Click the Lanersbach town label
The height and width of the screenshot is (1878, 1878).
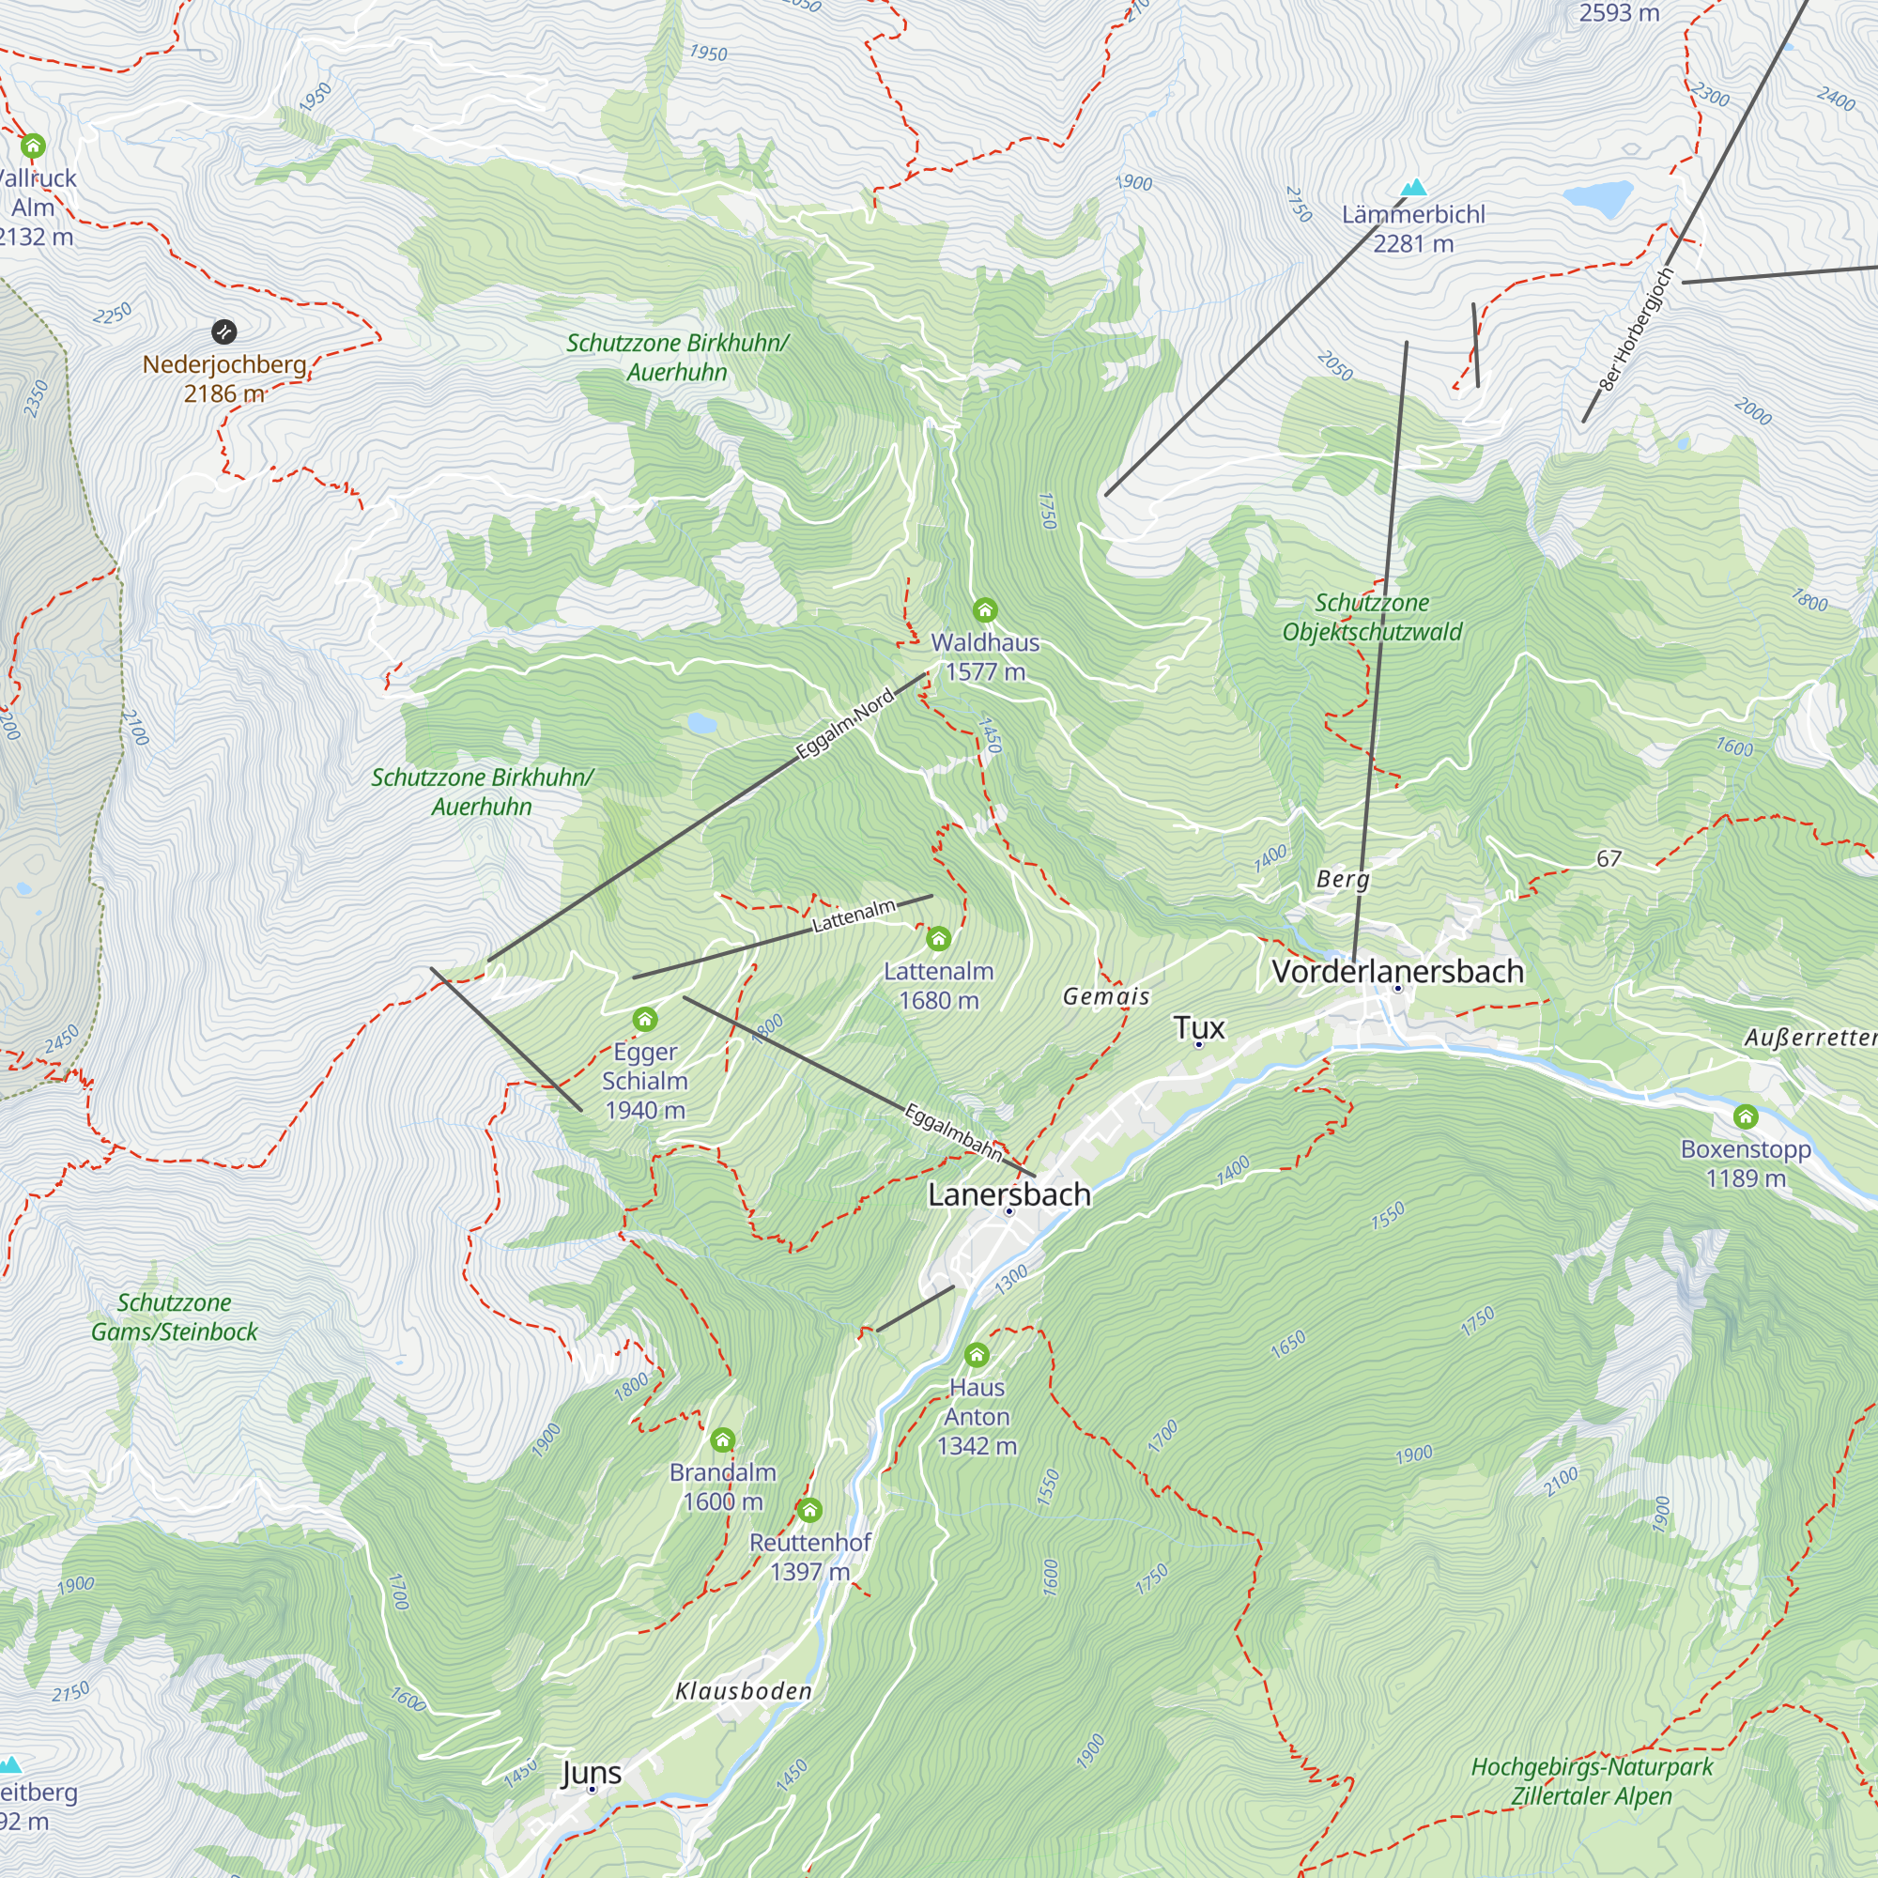click(1009, 1193)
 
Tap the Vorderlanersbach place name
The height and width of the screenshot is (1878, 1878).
click(1397, 970)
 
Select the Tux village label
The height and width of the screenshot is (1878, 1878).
click(1197, 1026)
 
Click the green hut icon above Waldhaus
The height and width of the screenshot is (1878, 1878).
click(985, 610)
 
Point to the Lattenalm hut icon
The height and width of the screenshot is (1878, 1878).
click(938, 939)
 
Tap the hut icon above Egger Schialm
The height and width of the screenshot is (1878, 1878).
click(644, 1020)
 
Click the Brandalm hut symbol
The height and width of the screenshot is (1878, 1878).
click(722, 1439)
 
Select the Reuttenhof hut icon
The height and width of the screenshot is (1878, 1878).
click(809, 1510)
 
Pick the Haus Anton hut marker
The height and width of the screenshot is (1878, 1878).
click(977, 1354)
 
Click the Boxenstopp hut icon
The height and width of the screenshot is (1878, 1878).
click(1746, 1116)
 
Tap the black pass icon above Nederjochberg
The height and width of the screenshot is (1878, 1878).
click(223, 332)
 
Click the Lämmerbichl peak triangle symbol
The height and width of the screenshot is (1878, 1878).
click(1413, 187)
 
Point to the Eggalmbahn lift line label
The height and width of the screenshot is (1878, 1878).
click(952, 1131)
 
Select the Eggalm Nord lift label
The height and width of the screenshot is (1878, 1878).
click(844, 724)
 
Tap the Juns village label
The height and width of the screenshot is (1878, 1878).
click(591, 1772)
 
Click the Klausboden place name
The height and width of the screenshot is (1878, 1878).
click(744, 1691)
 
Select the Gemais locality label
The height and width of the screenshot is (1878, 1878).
click(1106, 996)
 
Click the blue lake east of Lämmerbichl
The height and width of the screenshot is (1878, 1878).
click(1597, 197)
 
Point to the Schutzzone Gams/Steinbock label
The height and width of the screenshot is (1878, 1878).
click(175, 1317)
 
